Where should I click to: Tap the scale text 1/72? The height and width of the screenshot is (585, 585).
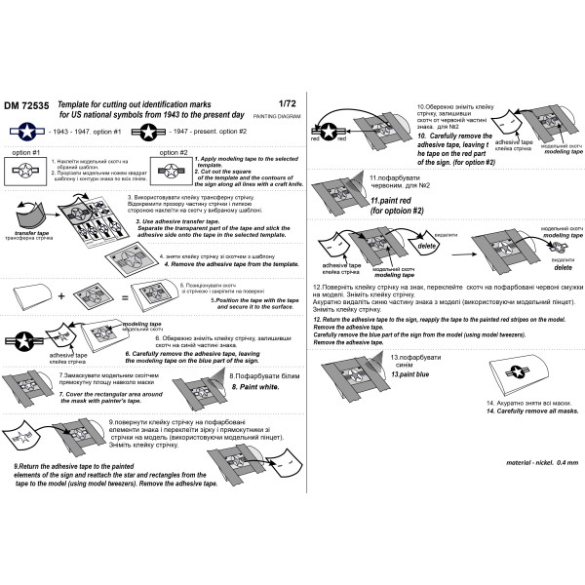coord(286,103)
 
